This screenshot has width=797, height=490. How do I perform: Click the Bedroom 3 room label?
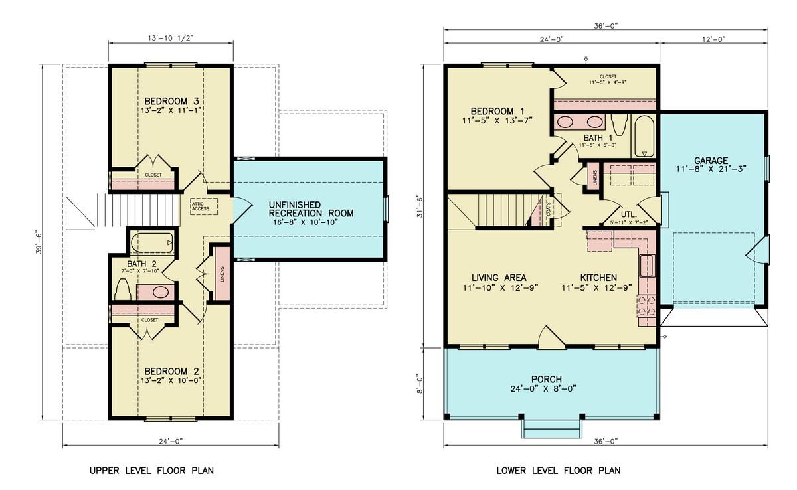tap(171, 101)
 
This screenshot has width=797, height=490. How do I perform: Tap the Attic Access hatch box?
tap(201, 206)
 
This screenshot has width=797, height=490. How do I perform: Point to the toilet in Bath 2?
tap(122, 289)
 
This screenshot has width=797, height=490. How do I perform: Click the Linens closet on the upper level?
tap(221, 273)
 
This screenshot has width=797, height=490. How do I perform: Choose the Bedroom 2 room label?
tap(171, 371)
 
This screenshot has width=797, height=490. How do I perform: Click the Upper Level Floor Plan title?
tap(151, 471)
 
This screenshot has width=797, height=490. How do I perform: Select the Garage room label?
tap(711, 161)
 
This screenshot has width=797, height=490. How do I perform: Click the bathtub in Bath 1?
tap(644, 136)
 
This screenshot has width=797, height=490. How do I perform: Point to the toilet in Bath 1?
tap(620, 123)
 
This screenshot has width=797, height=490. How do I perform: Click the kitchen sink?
tap(646, 266)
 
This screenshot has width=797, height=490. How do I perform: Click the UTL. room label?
tap(628, 215)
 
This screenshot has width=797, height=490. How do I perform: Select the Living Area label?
tap(499, 278)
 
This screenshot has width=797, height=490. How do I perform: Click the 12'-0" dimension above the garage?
tap(712, 39)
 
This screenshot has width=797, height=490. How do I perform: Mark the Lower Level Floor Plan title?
tap(559, 471)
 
